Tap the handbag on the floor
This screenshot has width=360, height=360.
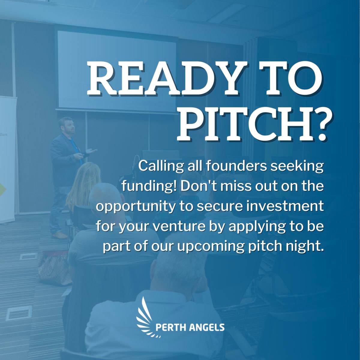coord(55,267)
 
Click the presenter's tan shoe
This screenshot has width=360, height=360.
coord(59,235)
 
